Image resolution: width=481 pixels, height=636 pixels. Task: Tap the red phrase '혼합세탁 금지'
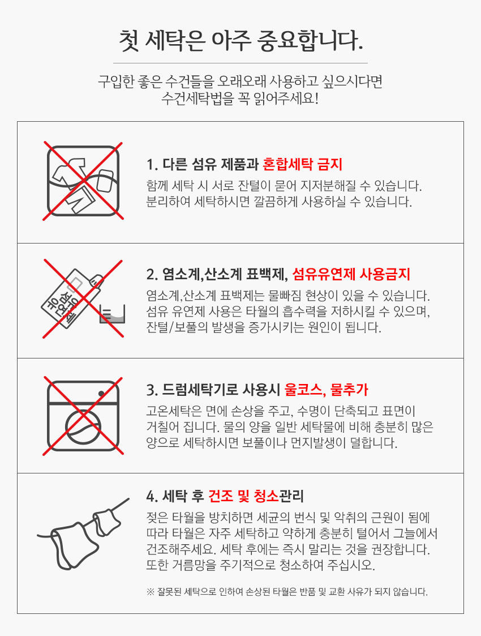point(303,165)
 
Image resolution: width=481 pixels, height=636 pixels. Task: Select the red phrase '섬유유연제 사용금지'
point(351,275)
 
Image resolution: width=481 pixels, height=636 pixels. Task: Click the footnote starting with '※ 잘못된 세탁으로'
point(287,592)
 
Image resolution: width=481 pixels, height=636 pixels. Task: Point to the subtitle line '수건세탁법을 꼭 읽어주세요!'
point(240,98)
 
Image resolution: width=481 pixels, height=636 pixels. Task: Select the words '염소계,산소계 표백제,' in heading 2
point(217,275)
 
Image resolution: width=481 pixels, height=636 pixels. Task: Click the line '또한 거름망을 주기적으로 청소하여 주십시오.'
point(260,565)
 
